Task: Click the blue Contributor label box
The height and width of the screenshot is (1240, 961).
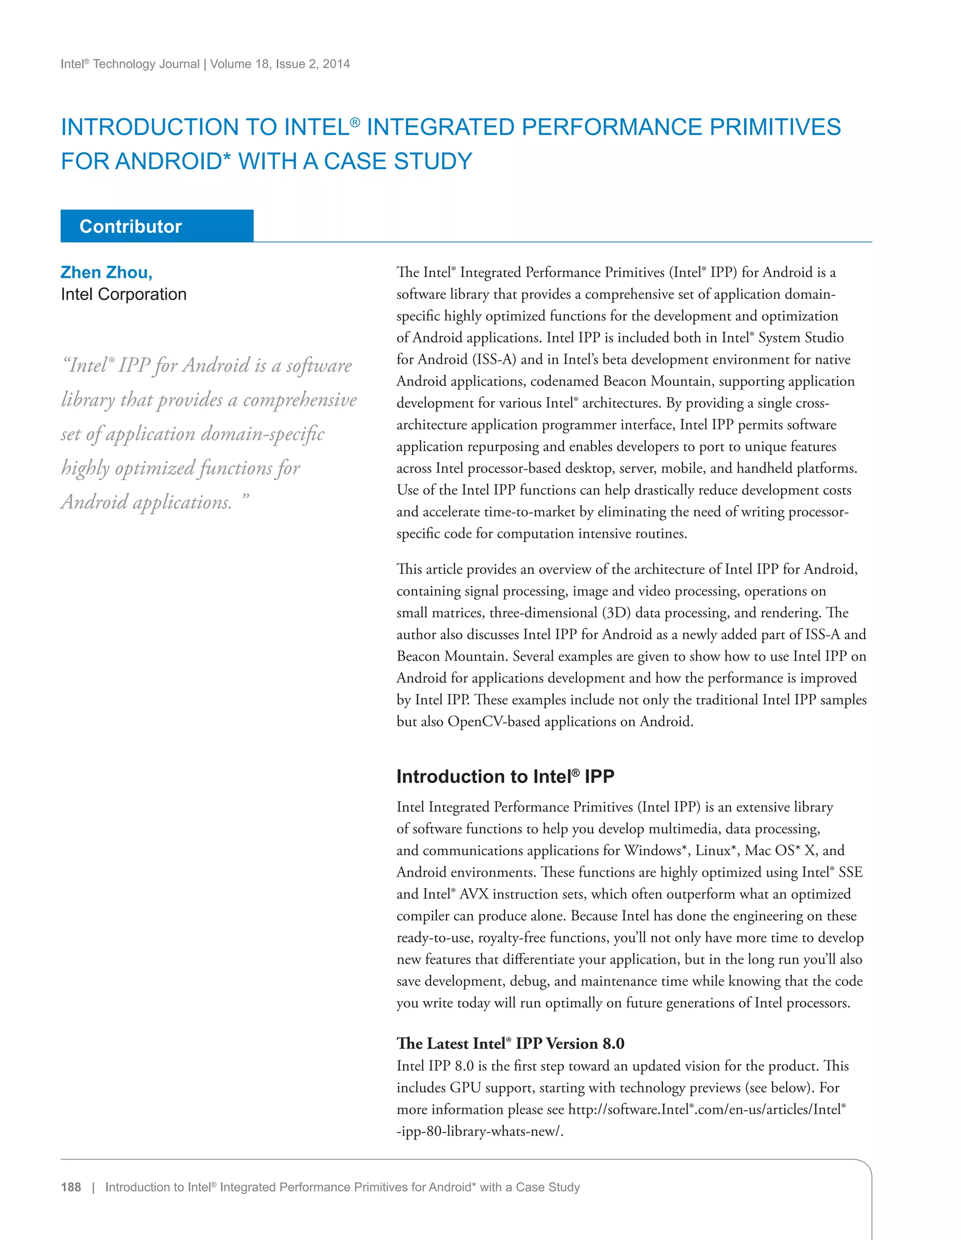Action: (x=157, y=226)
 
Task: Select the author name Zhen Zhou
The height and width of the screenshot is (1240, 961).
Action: (x=106, y=272)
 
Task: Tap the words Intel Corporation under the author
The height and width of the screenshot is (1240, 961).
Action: (x=124, y=294)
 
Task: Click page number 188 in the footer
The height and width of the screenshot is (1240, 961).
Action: (x=71, y=1187)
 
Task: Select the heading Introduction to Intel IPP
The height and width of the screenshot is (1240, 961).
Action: (x=505, y=776)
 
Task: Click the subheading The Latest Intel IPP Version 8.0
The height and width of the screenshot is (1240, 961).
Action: (x=510, y=1043)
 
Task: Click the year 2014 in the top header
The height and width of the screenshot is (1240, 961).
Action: (x=336, y=64)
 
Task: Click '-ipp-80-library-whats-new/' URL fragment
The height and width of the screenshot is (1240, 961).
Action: (x=480, y=1132)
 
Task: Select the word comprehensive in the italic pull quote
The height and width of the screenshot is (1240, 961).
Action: (x=300, y=400)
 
